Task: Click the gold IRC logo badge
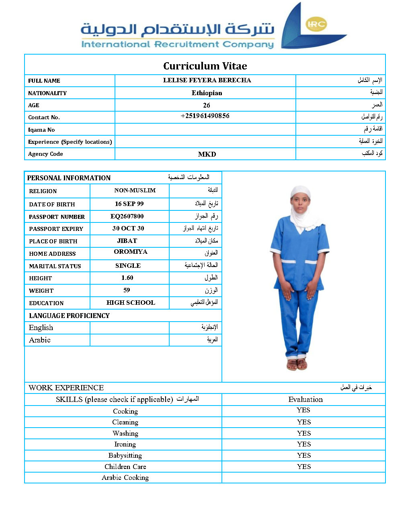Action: (316, 24)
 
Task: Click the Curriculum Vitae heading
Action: (205, 66)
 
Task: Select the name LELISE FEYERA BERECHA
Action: (207, 80)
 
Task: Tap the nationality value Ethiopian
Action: (207, 93)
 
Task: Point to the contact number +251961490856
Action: (205, 116)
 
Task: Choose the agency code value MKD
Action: (207, 154)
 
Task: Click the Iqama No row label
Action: (41, 130)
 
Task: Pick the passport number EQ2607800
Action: (127, 216)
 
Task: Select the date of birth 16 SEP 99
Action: (129, 204)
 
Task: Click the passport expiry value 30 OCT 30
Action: (128, 228)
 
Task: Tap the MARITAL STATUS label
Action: (55, 266)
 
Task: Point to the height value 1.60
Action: (127, 278)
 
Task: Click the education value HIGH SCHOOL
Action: (131, 303)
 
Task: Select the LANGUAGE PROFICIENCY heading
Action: (69, 316)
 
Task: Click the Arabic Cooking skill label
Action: (125, 477)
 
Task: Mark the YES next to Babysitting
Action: (304, 455)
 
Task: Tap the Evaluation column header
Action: (305, 400)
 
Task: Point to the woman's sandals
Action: (297, 364)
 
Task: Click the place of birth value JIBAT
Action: (127, 241)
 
